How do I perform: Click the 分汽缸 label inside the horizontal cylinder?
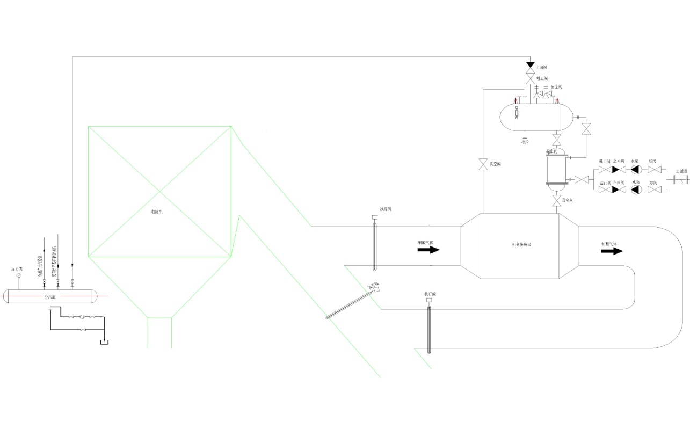click(49, 296)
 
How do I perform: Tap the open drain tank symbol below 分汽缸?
click(104, 341)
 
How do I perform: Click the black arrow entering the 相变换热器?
click(429, 250)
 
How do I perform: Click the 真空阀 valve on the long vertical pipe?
click(483, 165)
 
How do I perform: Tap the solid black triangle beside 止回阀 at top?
click(530, 66)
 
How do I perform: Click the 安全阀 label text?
click(556, 86)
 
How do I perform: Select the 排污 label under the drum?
click(525, 143)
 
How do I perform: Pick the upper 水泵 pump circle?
click(636, 170)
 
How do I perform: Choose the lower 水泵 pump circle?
click(636, 190)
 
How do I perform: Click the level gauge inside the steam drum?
click(517, 113)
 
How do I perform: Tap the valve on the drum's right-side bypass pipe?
click(586, 129)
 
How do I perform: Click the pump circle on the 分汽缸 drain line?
click(82, 317)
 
